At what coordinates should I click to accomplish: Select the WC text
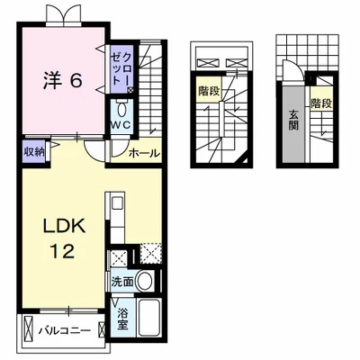pyautogui.click(x=121, y=126)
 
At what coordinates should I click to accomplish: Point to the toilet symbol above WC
pyautogui.click(x=121, y=105)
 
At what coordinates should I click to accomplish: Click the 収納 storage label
pyautogui.click(x=35, y=151)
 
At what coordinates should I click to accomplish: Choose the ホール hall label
pyautogui.click(x=144, y=154)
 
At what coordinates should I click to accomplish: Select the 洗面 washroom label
pyautogui.click(x=123, y=282)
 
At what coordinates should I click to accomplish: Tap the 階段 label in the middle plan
pyautogui.click(x=208, y=90)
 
